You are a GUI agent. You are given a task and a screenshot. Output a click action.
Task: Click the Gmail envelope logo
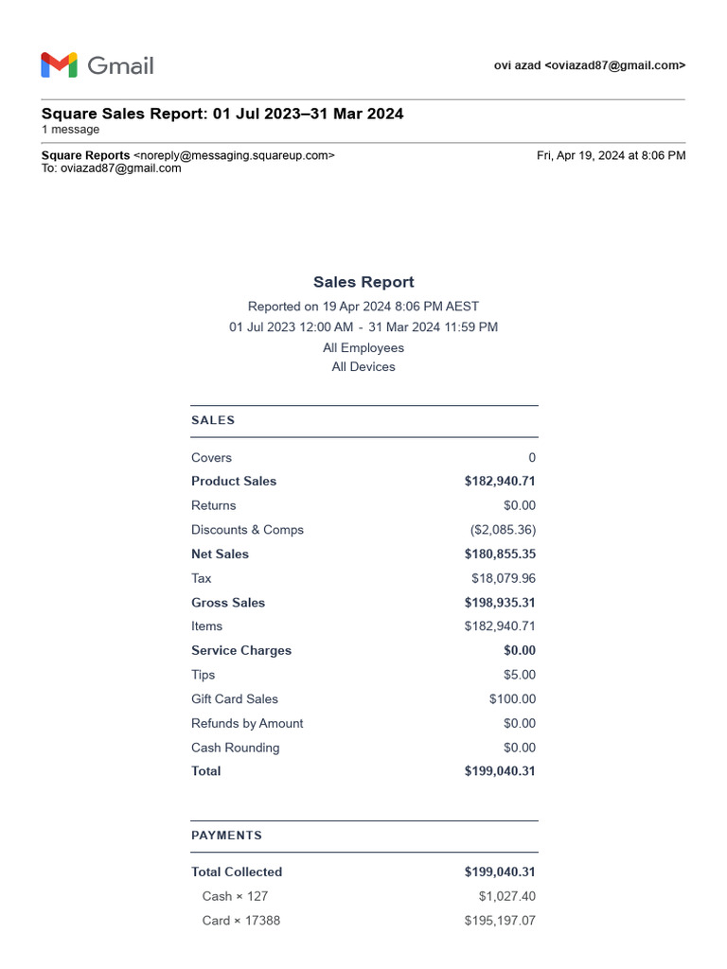59,65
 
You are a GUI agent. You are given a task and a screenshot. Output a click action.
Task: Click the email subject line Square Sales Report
222,114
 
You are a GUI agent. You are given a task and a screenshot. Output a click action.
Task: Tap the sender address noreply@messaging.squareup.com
234,155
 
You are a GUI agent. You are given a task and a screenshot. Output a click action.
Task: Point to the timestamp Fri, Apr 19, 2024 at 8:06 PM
611,155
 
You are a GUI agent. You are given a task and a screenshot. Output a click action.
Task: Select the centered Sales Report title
363,282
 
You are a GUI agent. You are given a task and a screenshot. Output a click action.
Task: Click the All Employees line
363,347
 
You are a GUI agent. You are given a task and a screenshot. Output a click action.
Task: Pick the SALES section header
213,420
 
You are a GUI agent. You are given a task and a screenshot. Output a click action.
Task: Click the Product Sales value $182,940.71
500,482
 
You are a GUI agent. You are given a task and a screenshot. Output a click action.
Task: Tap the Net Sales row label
220,555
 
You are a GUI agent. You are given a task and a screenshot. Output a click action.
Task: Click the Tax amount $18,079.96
503,578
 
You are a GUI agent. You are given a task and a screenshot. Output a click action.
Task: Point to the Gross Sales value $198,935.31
500,603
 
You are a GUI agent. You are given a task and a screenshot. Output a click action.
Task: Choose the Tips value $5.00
519,675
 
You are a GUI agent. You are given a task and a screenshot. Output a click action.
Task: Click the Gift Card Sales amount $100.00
512,699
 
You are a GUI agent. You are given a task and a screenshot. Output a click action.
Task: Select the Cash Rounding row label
235,748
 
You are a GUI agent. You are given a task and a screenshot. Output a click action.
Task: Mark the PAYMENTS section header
226,836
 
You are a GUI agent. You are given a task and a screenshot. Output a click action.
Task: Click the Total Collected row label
237,872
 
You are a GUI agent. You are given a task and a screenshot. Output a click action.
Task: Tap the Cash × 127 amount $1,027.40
506,896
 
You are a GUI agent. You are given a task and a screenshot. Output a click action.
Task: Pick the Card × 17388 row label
240,921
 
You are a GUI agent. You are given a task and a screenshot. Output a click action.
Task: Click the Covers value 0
531,458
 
